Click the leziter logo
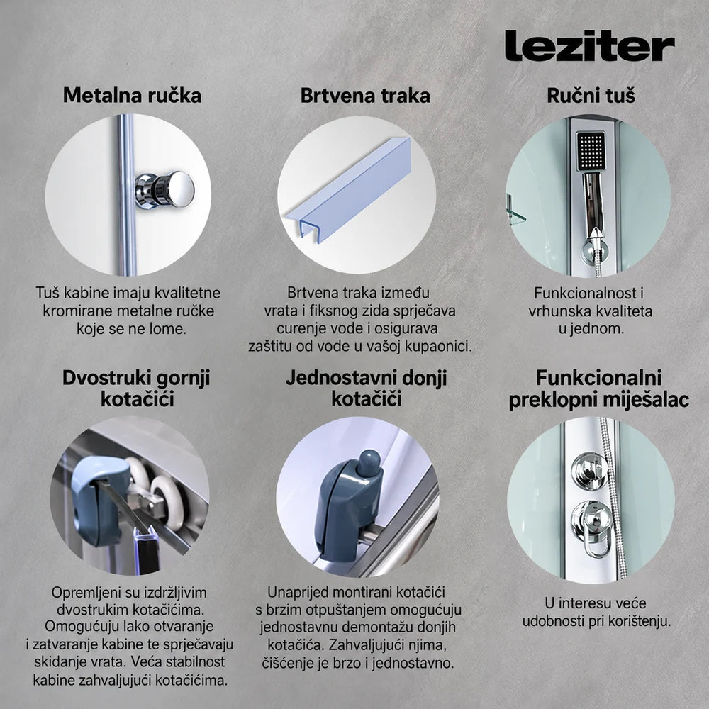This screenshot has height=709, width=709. (589, 45)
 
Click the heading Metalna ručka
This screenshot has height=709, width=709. (132, 96)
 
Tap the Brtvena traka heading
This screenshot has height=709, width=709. (365, 96)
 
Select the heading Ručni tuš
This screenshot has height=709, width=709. (591, 96)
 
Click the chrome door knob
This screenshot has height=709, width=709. (165, 189)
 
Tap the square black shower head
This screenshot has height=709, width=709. (590, 152)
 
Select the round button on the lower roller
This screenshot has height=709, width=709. (369, 462)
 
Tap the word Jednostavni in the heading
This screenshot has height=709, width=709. (335, 378)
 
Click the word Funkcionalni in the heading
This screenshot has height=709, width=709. (598, 378)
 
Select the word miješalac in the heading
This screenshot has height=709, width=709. (647, 400)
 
